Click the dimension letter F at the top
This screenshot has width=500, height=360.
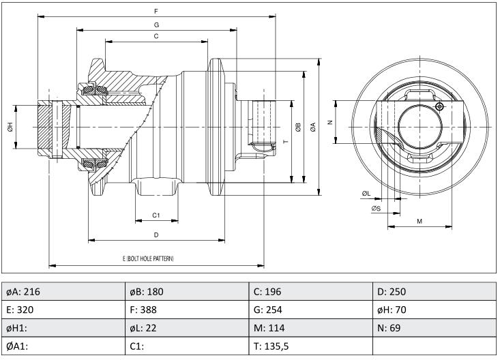[x=156, y=12]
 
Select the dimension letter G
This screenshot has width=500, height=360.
[x=156, y=25]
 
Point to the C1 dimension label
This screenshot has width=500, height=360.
[x=156, y=215]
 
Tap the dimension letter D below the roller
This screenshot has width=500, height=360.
[x=156, y=235]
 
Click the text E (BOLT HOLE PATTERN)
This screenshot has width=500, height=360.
[x=148, y=258]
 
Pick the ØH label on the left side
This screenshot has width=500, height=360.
[x=10, y=127]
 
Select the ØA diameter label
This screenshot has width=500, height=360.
[x=313, y=127]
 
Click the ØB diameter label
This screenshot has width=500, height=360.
[x=298, y=127]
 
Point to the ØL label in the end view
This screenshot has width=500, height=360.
[x=366, y=194]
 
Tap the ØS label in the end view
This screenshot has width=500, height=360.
[x=376, y=209]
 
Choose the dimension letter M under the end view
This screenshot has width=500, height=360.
[x=420, y=222]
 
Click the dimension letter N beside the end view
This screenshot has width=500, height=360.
[x=330, y=122]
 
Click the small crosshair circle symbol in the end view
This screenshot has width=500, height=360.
[x=439, y=106]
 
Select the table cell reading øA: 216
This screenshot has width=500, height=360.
[x=63, y=291]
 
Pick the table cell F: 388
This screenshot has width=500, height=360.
[x=187, y=310]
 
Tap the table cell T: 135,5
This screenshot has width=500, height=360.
[x=310, y=346]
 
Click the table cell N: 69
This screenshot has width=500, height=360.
[x=435, y=328]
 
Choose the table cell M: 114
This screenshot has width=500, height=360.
[x=310, y=328]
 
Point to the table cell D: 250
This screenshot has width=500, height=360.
[x=435, y=291]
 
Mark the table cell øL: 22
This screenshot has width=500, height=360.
[x=187, y=328]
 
